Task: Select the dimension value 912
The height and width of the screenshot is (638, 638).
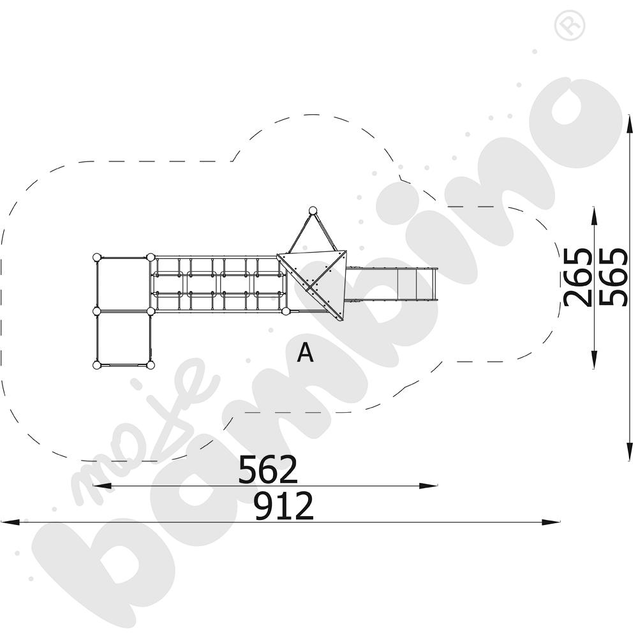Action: tap(284, 506)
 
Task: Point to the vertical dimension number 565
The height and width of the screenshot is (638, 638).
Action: tap(614, 277)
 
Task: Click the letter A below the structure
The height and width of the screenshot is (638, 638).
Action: tap(305, 352)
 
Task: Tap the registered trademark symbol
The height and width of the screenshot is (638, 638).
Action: tap(570, 26)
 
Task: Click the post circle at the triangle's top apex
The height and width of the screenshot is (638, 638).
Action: tap(313, 211)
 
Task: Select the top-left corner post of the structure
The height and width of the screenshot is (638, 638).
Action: tap(97, 258)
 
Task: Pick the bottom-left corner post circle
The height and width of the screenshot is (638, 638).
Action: tap(97, 365)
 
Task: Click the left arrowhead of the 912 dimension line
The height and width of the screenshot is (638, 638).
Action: tap(10, 522)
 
